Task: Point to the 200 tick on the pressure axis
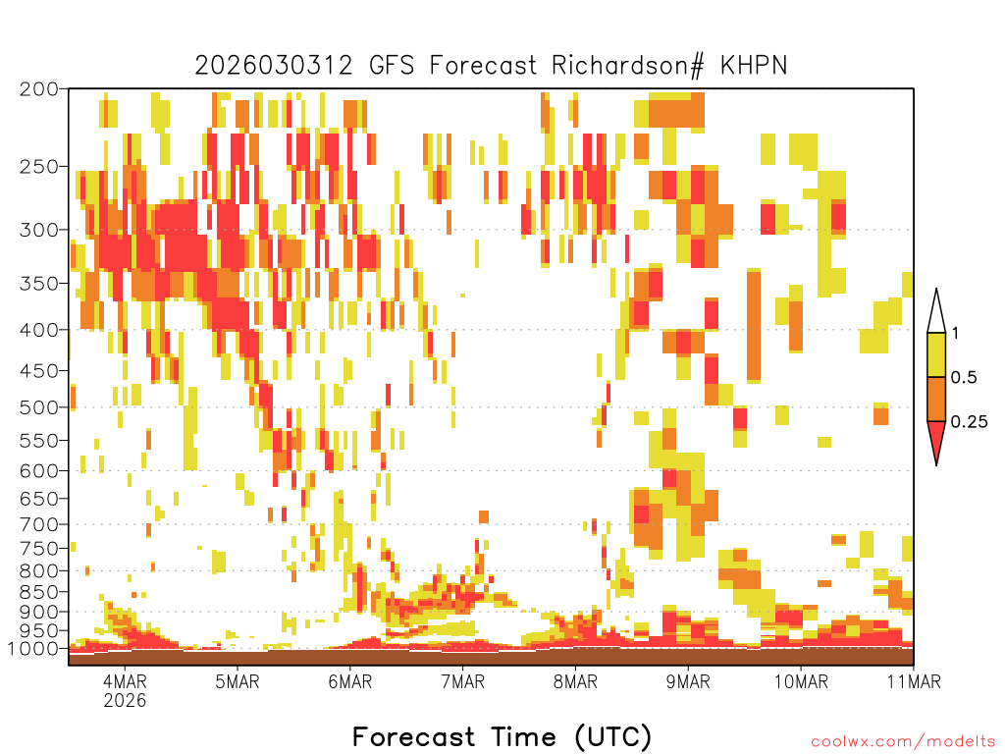[39, 89]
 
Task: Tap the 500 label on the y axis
[39, 406]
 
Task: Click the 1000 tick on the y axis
[34, 649]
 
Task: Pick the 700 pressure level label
[39, 523]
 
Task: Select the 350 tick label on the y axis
[39, 284]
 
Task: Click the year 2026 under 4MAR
[125, 701]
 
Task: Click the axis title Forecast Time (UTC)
[502, 736]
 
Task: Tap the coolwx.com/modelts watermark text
[902, 741]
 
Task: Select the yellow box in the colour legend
[936, 354]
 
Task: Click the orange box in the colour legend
[936, 399]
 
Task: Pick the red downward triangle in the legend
[936, 441]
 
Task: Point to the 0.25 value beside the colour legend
[969, 422]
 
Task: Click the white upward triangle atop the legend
[936, 312]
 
